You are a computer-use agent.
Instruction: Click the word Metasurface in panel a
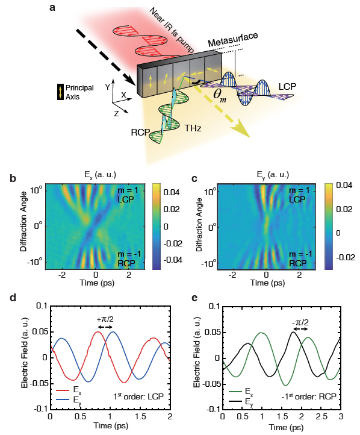point(233,40)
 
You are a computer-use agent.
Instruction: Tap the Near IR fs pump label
point(172,30)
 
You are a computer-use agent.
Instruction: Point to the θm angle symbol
point(220,96)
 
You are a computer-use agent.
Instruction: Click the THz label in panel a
point(193,128)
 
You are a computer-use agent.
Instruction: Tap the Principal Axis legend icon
point(60,92)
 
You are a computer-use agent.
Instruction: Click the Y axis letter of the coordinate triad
point(108,87)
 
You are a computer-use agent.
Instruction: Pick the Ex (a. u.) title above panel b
point(101,175)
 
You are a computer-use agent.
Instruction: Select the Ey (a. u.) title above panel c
point(273,175)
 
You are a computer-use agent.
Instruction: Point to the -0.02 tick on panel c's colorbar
point(345,257)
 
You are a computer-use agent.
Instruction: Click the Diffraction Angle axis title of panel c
point(199,225)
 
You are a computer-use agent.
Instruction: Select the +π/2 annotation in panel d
point(105,319)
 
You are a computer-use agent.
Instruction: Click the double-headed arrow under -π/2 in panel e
point(300,329)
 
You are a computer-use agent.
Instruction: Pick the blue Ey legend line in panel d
point(63,399)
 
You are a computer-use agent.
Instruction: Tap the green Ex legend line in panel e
point(235,392)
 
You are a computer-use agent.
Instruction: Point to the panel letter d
point(13,298)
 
